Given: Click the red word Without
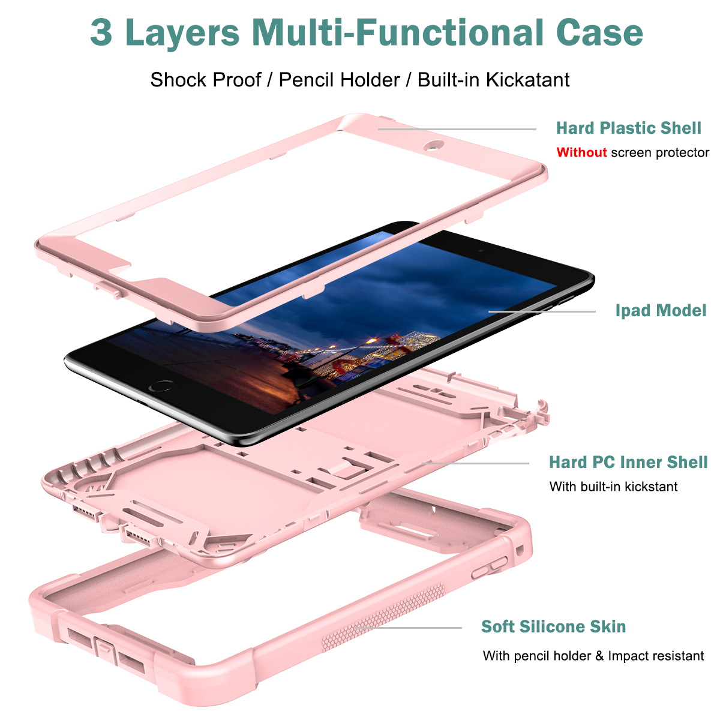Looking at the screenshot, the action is tap(581, 152).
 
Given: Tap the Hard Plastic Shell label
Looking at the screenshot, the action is tap(628, 128).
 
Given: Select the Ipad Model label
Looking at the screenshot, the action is tap(661, 311).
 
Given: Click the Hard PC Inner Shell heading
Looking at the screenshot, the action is tap(628, 462).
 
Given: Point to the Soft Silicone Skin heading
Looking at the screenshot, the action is tap(553, 626).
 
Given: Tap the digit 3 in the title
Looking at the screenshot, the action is tap(101, 33).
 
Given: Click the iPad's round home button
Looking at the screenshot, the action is tap(161, 385).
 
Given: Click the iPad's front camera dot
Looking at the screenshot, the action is tap(481, 250).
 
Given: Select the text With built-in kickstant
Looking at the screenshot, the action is tap(613, 487).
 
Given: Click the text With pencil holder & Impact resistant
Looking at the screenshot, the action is tap(593, 656).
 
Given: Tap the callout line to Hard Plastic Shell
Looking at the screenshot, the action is tap(457, 129).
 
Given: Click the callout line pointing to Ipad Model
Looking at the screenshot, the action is tap(542, 311).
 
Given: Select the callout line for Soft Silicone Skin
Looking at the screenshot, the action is tap(408, 628).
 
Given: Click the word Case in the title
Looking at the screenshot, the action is tap(599, 33).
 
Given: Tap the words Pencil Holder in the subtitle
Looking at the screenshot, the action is tap(339, 80).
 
